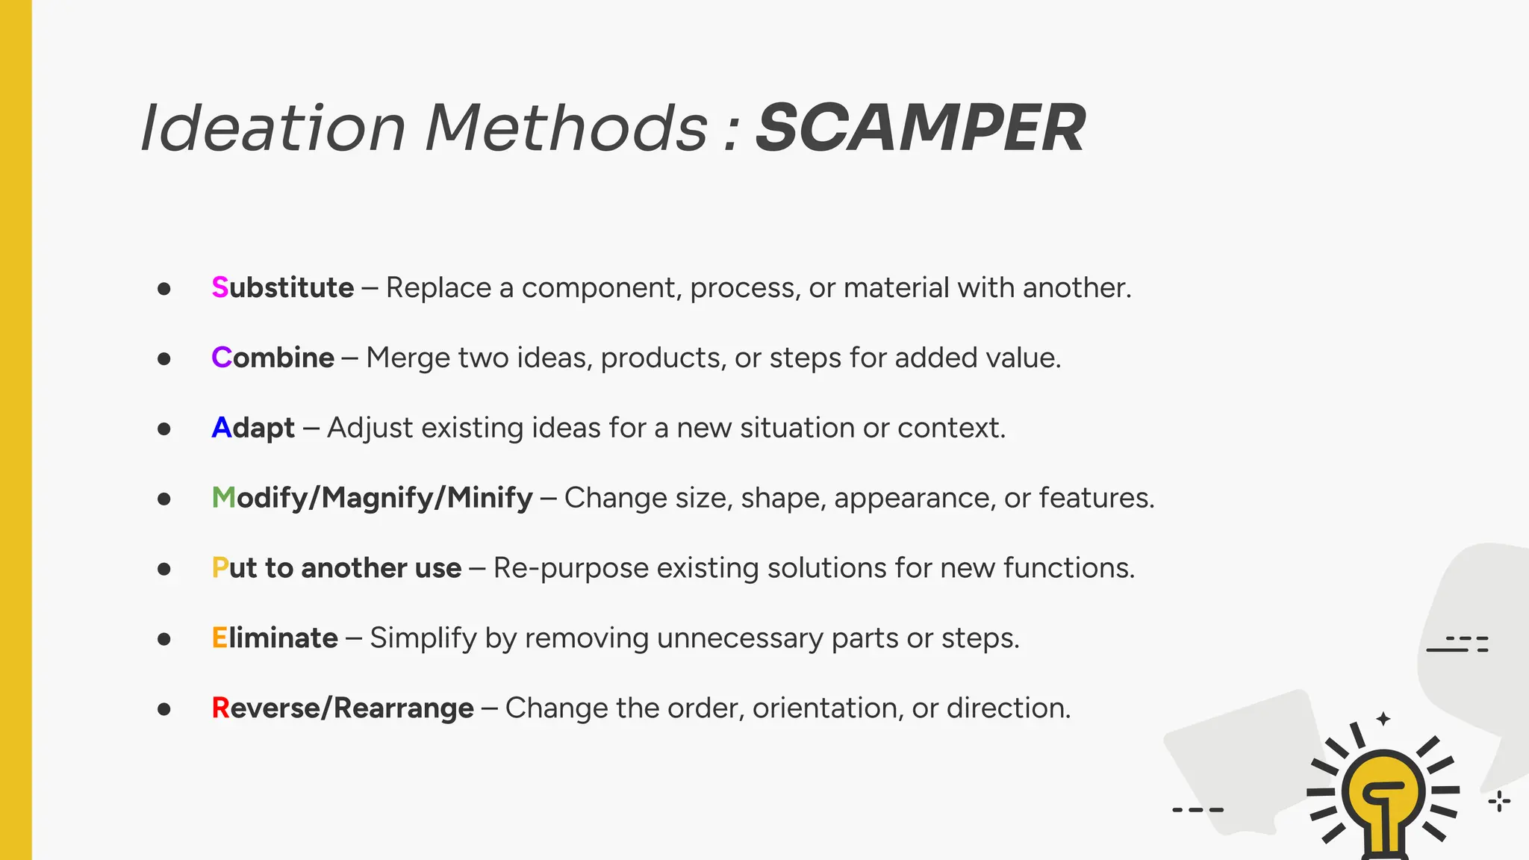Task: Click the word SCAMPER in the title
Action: pyautogui.click(x=920, y=128)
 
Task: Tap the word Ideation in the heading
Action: pyautogui.click(x=273, y=128)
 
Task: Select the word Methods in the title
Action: pyautogui.click(x=566, y=128)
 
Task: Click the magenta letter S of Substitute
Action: pyautogui.click(x=219, y=288)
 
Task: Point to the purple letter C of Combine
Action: pyautogui.click(x=222, y=358)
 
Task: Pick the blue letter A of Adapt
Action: pyautogui.click(x=222, y=429)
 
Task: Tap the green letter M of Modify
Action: pyautogui.click(x=223, y=498)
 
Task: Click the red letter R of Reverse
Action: pyautogui.click(x=220, y=708)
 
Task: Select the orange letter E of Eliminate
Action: pyautogui.click(x=219, y=638)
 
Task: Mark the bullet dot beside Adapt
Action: pyautogui.click(x=164, y=429)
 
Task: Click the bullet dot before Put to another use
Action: pyautogui.click(x=164, y=570)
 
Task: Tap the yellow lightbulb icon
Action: pyautogui.click(x=1383, y=795)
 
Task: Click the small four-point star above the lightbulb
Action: pyautogui.click(x=1383, y=719)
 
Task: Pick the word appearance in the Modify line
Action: pyautogui.click(x=915, y=499)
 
